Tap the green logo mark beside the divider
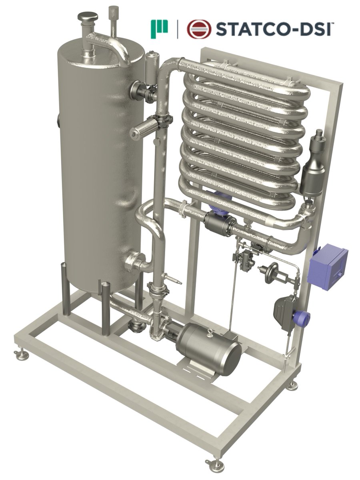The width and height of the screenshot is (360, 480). coord(159,29)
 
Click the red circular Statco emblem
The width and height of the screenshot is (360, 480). coord(199,29)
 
